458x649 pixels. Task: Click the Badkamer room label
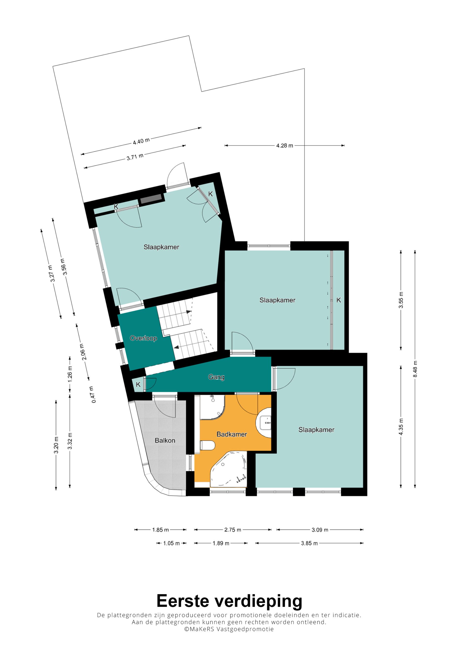[x=232, y=435]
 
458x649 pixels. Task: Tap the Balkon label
[x=165, y=440]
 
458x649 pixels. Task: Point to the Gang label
[x=216, y=377]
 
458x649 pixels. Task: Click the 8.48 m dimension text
[x=415, y=369]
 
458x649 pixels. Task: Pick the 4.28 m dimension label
[x=285, y=146]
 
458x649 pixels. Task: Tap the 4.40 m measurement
[x=141, y=141]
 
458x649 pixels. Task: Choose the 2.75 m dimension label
[x=233, y=530]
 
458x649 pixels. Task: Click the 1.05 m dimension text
[x=171, y=543]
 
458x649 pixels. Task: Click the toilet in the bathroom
[x=207, y=445]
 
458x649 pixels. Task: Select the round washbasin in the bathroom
[x=264, y=423]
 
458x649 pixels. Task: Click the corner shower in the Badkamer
[x=212, y=407]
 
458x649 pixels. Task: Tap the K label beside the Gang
[x=138, y=384]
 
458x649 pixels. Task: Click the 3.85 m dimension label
[x=309, y=543]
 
